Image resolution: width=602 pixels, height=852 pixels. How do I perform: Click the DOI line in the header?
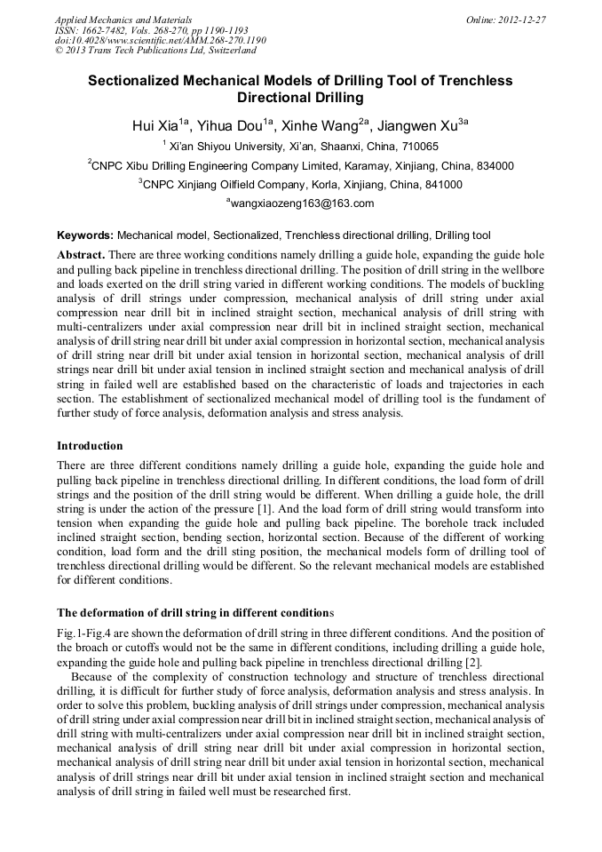pyautogui.click(x=160, y=40)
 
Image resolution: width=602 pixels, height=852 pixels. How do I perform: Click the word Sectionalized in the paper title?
pyautogui.click(x=142, y=81)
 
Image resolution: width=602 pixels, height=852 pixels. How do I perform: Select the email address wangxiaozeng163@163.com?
pyautogui.click(x=303, y=203)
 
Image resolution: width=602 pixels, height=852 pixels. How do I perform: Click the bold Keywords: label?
pyautogui.click(x=85, y=236)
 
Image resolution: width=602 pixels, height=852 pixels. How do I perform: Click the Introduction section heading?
pyautogui.click(x=90, y=445)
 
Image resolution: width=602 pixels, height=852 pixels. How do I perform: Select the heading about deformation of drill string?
pyautogui.click(x=195, y=613)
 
